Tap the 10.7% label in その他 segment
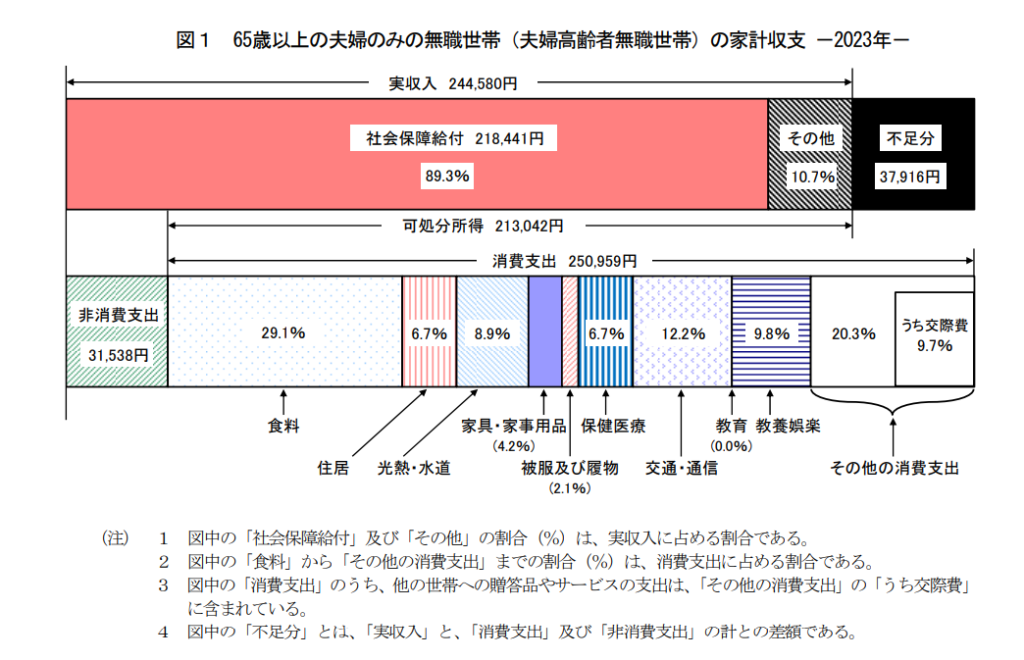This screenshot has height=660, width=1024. (x=811, y=176)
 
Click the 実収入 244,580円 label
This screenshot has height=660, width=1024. (x=452, y=84)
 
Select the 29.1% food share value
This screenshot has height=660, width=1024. (x=283, y=333)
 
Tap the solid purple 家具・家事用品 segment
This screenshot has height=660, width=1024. (x=544, y=331)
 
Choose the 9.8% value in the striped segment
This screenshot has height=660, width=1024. (x=771, y=333)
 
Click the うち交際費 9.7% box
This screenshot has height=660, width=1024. (x=934, y=337)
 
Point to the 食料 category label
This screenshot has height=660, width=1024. (x=284, y=426)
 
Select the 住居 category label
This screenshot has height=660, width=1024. (x=333, y=467)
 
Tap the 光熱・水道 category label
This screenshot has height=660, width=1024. (x=414, y=467)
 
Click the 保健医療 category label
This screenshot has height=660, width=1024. (x=612, y=426)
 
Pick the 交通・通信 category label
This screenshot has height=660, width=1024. (x=681, y=467)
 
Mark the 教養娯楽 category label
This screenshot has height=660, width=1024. (x=789, y=426)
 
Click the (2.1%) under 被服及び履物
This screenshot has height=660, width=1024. (x=570, y=489)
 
